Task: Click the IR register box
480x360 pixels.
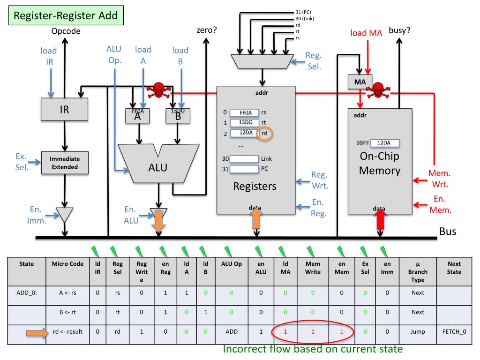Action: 64,110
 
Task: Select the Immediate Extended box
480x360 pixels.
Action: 65,163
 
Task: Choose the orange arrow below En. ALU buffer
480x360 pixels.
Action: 159,220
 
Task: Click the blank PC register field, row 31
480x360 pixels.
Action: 244,169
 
